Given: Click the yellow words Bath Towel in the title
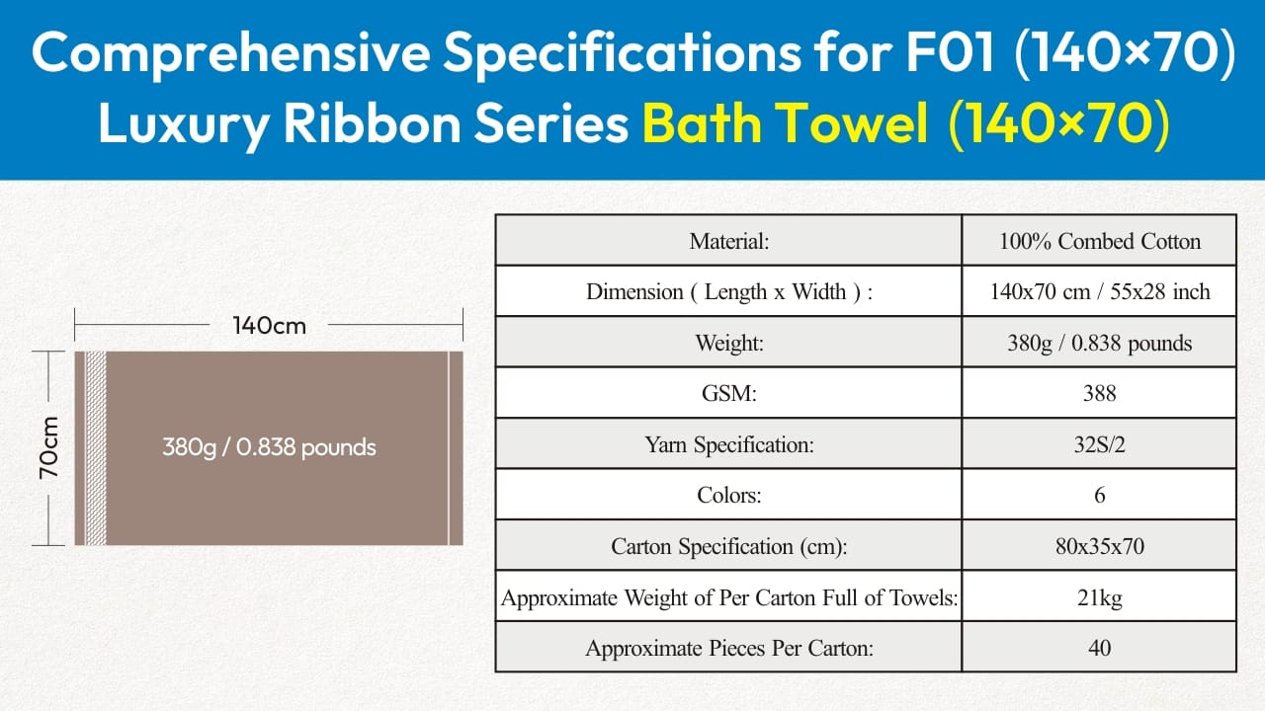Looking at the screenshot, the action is (785, 123).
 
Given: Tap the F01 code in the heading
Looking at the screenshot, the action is (950, 52).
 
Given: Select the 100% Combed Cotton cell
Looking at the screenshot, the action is (1100, 242).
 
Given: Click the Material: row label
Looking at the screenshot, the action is (729, 242).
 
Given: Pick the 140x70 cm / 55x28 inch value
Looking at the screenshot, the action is (1100, 291).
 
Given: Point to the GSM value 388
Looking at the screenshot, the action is (1100, 393).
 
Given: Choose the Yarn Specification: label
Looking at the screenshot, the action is (729, 444).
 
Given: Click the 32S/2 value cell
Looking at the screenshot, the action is (1100, 444).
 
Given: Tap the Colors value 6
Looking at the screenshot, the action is (1100, 495).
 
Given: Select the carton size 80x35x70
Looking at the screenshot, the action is (1100, 546).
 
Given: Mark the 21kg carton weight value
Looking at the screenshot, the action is (1100, 597).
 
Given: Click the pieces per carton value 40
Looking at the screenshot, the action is (1100, 648).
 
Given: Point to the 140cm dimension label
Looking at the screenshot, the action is (270, 326).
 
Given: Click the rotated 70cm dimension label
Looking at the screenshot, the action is (49, 448).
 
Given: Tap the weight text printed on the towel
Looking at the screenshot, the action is (269, 447).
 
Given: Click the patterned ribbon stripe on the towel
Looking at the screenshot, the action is (96, 448).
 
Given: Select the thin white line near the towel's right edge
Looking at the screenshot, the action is (449, 448).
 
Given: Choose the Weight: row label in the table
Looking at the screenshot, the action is (729, 343).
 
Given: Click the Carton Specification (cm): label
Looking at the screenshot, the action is (729, 546).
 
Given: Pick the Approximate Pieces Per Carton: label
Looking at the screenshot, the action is (729, 648).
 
